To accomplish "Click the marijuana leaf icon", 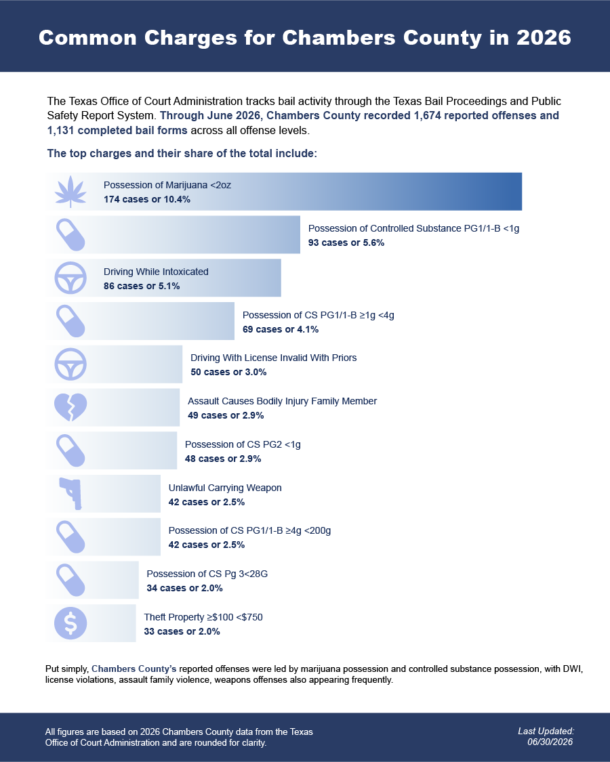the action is coord(70,192).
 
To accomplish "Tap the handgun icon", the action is coord(71,494).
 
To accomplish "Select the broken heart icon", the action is coord(70,407).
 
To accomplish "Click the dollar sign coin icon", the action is coord(70,623).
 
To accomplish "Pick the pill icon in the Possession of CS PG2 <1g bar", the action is coord(70,450).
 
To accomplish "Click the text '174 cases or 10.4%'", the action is coord(147,199).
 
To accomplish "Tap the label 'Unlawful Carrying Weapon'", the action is coord(225,488).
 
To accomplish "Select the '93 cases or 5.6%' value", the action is coord(346,242).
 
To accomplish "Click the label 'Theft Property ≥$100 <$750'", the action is coord(203,617).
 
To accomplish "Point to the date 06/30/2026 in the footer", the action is coord(550,742).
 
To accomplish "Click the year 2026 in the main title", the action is coord(544,37).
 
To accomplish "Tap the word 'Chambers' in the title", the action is coord(339,37).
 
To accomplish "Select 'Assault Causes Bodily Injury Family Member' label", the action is coord(282,401).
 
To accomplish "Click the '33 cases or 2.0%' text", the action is coord(182,631).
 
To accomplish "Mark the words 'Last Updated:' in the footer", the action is coord(546,731).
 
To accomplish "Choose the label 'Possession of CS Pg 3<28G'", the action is coord(207,574).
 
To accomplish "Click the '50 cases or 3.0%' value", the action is coord(228,373).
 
